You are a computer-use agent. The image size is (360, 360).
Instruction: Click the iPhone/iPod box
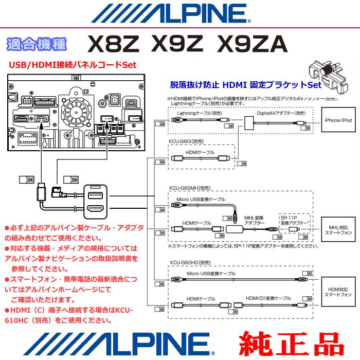pyautogui.click(x=337, y=119)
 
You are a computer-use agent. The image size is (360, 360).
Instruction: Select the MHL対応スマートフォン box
pyautogui.click(x=337, y=229)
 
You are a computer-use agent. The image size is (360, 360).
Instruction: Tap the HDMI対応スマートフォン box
pyautogui.click(x=337, y=292)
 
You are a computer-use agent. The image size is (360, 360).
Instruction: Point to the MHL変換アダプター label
pyautogui.click(x=254, y=220)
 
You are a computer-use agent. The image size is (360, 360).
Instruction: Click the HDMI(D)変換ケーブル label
pyautogui.click(x=268, y=298)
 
